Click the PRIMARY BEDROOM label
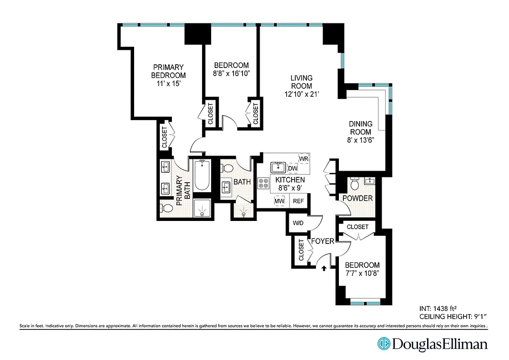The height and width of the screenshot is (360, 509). [168, 71]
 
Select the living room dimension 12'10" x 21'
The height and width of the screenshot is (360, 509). [301, 94]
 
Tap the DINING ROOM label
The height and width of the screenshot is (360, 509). [361, 128]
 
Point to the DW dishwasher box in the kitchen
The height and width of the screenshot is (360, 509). [293, 168]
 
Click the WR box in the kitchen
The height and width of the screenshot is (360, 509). [304, 159]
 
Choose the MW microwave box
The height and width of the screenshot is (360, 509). [279, 202]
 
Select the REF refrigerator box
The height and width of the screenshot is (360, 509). [298, 202]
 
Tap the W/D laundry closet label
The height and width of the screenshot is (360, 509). [298, 223]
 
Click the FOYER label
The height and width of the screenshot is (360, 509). [323, 241]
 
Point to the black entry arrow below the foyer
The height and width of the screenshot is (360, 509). [324, 269]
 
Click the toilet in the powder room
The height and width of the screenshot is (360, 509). [354, 184]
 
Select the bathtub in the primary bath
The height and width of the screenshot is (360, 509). [201, 177]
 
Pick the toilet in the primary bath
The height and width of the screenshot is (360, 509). [166, 208]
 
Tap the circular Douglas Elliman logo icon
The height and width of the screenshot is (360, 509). [384, 344]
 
